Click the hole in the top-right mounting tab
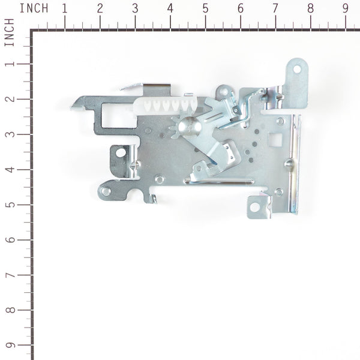(296, 68)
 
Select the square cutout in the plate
(275, 139)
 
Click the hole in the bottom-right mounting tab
(254, 207)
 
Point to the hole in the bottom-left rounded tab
(106, 191)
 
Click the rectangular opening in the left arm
(116, 115)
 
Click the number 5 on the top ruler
(205, 8)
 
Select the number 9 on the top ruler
(346, 8)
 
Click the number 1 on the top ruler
(64, 8)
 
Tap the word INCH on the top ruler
(34, 8)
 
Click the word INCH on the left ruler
(8, 32)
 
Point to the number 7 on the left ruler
(8, 275)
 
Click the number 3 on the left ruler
(8, 134)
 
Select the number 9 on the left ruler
(8, 346)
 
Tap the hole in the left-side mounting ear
(121, 152)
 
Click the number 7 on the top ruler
(275, 8)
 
